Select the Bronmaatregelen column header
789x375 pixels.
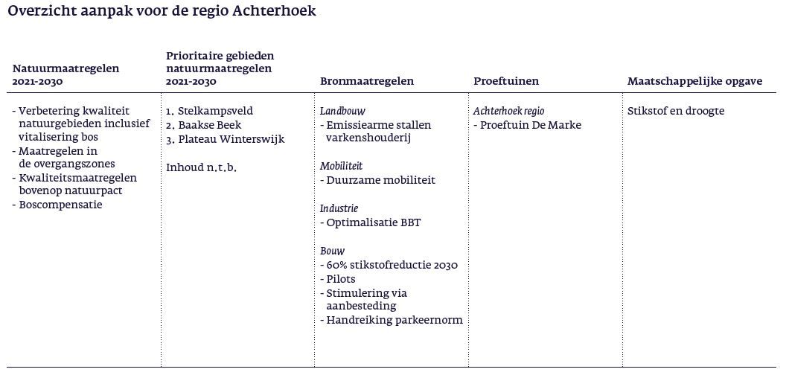pos(366,81)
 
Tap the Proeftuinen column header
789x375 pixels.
pos(506,81)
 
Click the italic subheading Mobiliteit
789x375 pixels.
pos(342,166)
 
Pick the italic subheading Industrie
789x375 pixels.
pos(339,208)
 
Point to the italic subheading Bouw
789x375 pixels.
pos(333,251)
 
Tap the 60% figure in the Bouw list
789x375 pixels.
pos(336,265)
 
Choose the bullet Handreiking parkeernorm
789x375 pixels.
pos(394,321)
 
